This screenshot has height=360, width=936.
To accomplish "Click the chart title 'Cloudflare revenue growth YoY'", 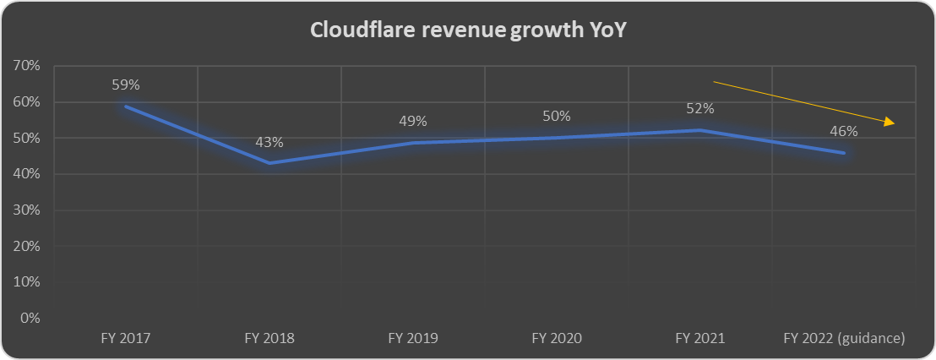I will (468, 30).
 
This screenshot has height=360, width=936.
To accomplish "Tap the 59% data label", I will (125, 85).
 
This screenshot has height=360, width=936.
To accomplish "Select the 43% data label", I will (269, 142).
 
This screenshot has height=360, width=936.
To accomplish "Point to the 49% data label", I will (412, 122).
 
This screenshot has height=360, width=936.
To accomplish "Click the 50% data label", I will (556, 116).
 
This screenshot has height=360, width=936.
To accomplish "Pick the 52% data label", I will (699, 108).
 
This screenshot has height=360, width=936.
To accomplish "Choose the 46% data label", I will (843, 131).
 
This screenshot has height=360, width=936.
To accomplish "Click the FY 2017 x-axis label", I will (125, 338).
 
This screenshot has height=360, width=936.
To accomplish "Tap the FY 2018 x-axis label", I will (269, 338).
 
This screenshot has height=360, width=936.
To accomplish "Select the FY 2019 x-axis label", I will (412, 338).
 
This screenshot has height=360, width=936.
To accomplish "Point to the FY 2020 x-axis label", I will (556, 338).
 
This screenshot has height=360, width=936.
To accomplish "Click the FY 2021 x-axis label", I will (699, 338).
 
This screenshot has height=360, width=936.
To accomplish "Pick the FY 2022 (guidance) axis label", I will (843, 338).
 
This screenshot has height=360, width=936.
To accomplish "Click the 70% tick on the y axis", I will (28, 66).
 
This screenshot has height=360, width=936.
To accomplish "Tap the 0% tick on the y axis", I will (31, 319).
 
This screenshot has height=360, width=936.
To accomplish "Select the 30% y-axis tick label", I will (28, 210).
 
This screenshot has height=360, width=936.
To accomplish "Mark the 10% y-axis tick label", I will (28, 282).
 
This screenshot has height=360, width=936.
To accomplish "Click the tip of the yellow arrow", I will (895, 124).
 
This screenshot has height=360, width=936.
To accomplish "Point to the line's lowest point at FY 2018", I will (269, 163).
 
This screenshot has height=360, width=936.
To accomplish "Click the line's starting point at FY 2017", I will (125, 106).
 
